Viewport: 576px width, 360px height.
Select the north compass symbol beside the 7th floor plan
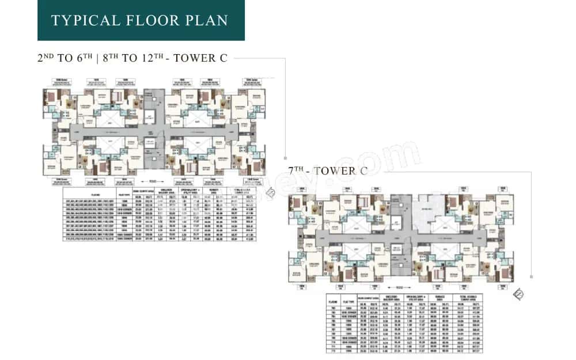519,295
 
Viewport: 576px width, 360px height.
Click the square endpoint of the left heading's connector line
285,157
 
